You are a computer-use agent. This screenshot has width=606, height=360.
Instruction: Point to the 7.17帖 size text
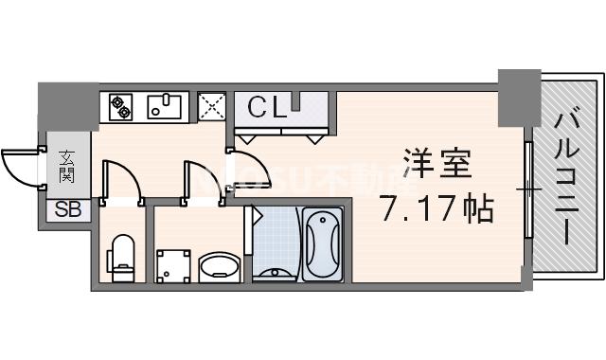pos(436,207)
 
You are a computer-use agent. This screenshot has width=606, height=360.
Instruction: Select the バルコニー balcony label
pos(567,180)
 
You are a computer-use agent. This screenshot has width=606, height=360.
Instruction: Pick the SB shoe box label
pos(67,210)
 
